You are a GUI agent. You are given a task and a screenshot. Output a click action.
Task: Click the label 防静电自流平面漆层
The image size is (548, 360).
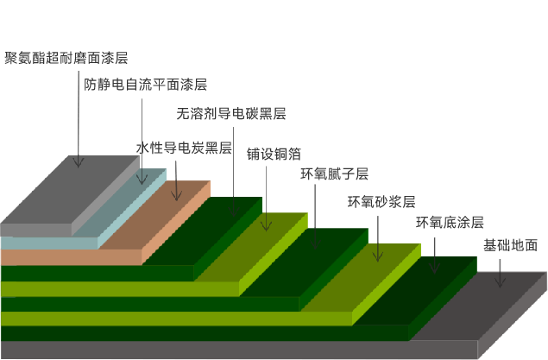(x=146, y=85)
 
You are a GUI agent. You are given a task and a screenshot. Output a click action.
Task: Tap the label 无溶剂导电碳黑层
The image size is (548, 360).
(x=230, y=113)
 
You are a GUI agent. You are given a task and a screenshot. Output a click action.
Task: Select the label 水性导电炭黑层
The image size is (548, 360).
(x=184, y=148)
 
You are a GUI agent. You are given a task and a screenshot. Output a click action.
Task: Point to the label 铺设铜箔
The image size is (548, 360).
(x=274, y=154)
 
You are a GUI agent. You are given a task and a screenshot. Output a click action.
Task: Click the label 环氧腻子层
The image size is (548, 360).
(x=334, y=174)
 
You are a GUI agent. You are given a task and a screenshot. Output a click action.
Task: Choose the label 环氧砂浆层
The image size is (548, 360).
(x=381, y=203)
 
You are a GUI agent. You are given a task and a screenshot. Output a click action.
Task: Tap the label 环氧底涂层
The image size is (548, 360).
(x=450, y=223)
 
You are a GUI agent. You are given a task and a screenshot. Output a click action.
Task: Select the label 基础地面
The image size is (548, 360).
(x=510, y=245)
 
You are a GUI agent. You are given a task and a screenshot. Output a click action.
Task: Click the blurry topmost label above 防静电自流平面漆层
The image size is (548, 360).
(x=66, y=59)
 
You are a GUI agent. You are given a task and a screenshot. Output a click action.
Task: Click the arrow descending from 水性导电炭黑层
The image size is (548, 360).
(x=176, y=178)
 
